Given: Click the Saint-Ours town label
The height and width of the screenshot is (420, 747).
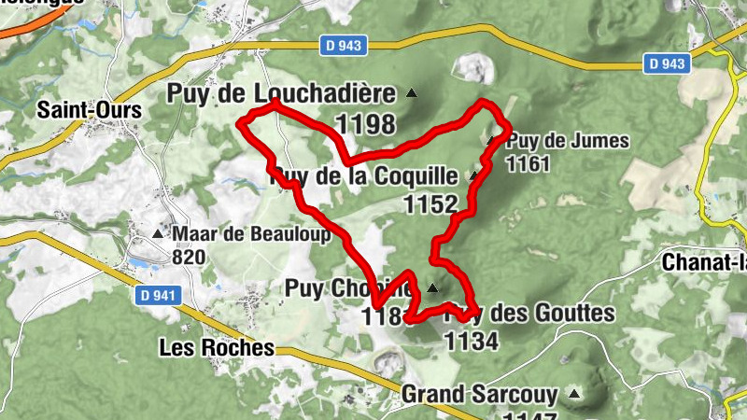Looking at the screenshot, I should tap(90, 110).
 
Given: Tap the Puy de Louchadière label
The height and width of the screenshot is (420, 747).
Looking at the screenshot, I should tap(285, 93).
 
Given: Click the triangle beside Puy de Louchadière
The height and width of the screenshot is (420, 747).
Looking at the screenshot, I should tap(411, 93).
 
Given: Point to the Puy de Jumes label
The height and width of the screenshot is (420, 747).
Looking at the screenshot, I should tap(568, 142).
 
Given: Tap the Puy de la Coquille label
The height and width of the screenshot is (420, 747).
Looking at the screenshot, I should tap(364, 175).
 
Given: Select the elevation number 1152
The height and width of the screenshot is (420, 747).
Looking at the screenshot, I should tap(430, 204).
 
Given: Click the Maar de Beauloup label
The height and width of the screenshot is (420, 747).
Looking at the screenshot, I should tap(251, 234).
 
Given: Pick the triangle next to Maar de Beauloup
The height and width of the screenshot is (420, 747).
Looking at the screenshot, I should tap(157, 232).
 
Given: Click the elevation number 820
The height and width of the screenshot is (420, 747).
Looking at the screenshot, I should tap(189, 256).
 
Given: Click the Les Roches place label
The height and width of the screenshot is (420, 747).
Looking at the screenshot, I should tap(217, 348).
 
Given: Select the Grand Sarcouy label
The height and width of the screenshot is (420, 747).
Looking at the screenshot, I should tap(479, 394).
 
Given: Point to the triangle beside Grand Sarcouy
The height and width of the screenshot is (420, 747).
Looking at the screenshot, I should tap(573, 394).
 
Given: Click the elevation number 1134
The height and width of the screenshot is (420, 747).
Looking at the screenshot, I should tap(471, 341).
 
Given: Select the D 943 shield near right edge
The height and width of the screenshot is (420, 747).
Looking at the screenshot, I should tap(667, 63).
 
